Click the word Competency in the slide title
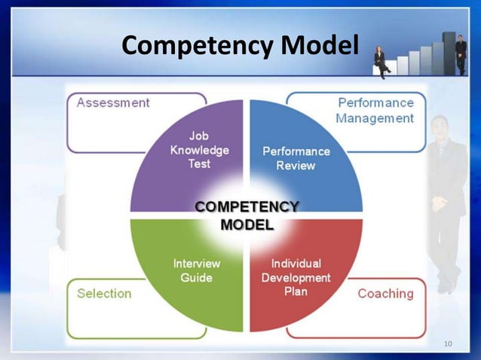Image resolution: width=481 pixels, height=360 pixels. (x=198, y=47)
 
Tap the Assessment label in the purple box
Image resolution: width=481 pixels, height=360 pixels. (x=113, y=102)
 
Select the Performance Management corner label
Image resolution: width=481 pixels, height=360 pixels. (x=375, y=110)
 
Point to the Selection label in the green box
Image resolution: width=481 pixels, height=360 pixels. (x=104, y=294)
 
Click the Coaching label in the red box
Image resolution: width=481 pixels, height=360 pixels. (x=385, y=294)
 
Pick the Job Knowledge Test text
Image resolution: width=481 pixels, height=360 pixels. (x=199, y=149)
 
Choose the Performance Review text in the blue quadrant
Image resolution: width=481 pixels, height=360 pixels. (x=296, y=158)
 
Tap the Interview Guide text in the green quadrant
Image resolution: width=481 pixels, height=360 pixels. (x=197, y=270)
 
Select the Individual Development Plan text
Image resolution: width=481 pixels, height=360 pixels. (x=296, y=277)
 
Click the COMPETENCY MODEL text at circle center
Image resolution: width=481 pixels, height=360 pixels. (x=247, y=215)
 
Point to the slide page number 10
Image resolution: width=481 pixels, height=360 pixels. (x=449, y=345)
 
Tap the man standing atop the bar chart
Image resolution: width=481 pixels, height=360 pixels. (x=461, y=53)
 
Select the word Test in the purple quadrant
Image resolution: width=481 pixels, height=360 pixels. (x=199, y=163)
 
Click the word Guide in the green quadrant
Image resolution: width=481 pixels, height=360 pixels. (x=197, y=278)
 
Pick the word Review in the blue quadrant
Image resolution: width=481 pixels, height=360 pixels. (x=296, y=166)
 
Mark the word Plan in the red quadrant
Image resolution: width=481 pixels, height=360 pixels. (x=296, y=291)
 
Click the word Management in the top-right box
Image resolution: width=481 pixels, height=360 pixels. (x=375, y=118)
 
